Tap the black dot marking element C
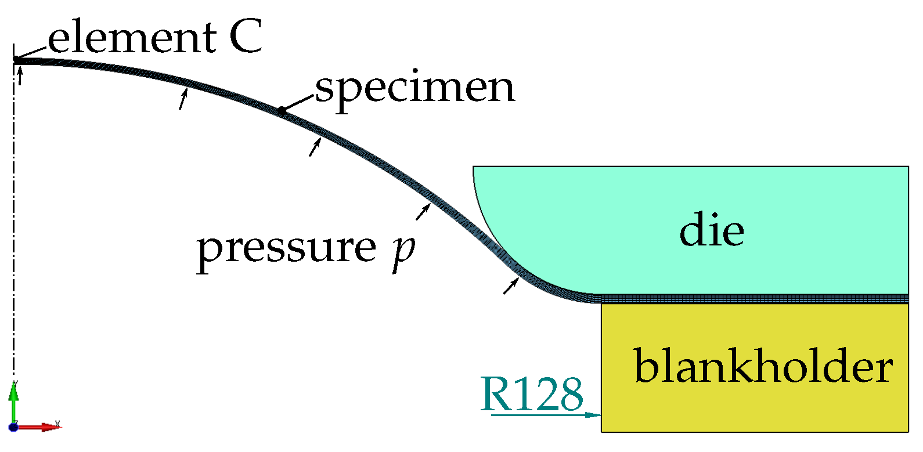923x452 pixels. coord(16,59)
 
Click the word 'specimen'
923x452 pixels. coord(415,88)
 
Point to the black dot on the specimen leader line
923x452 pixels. coord(281,110)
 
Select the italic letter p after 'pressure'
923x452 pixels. coord(402,251)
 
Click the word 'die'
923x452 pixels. coord(712,230)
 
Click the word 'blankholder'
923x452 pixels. coord(763,366)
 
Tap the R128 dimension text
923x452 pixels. coord(532,394)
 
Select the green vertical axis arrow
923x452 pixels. coord(13,400)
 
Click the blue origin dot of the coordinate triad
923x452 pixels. coord(13,428)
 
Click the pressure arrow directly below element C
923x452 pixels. coord(20,76)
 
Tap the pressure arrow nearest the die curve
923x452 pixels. coord(510,286)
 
